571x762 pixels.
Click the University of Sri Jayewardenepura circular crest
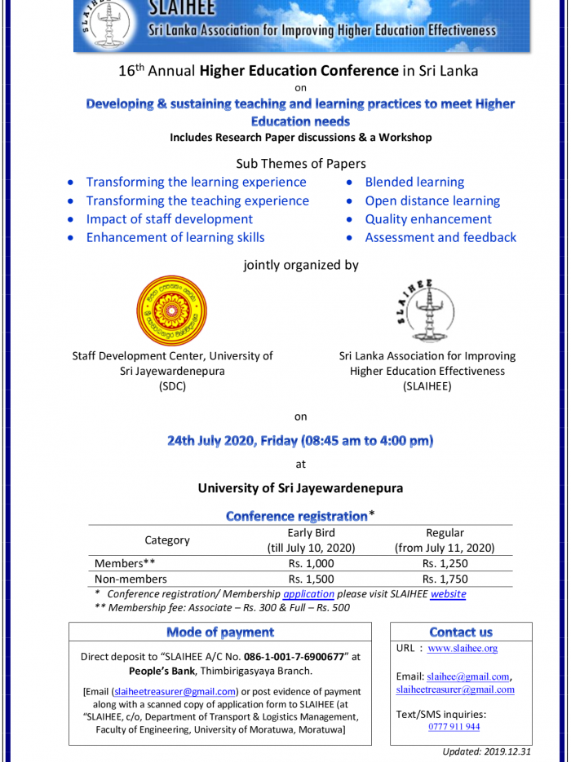pos(171,310)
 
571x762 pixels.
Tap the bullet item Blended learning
pos(414,183)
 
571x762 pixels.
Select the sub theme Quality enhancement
pos(428,219)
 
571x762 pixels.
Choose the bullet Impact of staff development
pos(170,219)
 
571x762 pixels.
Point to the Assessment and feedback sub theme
pos(440,238)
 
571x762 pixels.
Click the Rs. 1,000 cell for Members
pos(311,563)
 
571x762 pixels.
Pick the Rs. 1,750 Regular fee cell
pos(445,579)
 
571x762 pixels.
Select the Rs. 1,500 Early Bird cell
pos(311,579)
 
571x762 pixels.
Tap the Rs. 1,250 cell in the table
pos(445,563)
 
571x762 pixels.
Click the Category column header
pos(167,540)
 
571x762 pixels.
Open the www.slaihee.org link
pos(463,649)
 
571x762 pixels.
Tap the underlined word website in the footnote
pos(448,594)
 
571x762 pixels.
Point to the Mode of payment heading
pos(220,632)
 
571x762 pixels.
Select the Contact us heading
pos(461,632)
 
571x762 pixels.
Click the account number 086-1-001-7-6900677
pos(296,656)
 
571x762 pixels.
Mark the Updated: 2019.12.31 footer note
pos(487,752)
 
